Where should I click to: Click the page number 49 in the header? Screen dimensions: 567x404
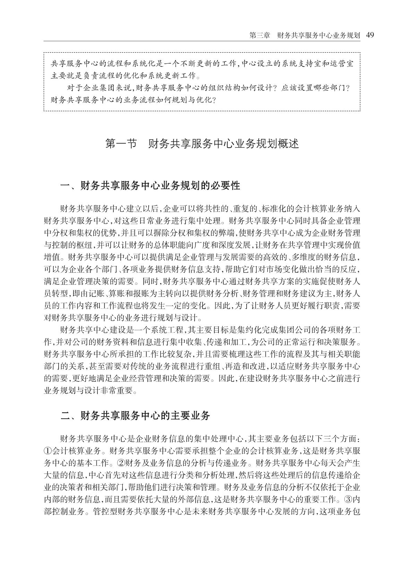[370, 35]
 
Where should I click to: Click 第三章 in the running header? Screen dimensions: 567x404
[260, 35]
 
